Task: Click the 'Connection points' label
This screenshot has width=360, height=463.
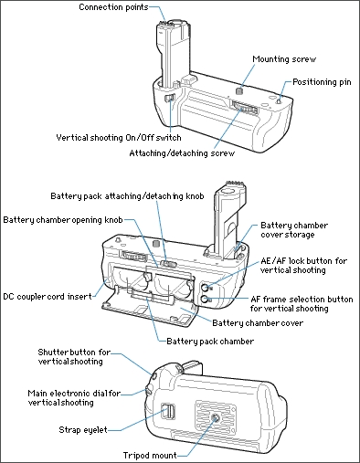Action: [x=113, y=7]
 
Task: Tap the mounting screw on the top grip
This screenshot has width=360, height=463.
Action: [x=240, y=90]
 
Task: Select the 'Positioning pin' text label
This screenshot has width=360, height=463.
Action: [x=322, y=82]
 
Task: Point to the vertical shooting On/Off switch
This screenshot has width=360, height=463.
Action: [x=169, y=99]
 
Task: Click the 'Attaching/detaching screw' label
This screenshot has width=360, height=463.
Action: [x=182, y=153]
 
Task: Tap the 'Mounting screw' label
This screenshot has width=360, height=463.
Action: [x=284, y=59]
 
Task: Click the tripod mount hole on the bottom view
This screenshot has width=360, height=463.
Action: [x=216, y=419]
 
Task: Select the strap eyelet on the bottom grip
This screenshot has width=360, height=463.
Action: [x=167, y=411]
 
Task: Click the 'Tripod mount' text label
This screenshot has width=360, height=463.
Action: [x=150, y=456]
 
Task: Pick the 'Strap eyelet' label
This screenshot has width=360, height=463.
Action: [x=83, y=430]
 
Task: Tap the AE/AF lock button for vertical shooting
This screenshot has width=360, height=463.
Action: [x=205, y=287]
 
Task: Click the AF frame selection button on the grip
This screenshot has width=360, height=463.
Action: [x=205, y=300]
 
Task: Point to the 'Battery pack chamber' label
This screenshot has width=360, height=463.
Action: [x=210, y=342]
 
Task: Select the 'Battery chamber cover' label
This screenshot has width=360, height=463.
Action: [x=258, y=323]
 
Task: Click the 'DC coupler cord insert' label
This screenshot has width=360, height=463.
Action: [x=48, y=297]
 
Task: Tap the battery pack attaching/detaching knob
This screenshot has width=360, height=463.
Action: [x=168, y=264]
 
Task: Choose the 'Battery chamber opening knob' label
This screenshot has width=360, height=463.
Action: [x=63, y=220]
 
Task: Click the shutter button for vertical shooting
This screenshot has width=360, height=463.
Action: [x=154, y=375]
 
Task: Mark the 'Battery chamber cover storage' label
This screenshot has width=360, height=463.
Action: [x=294, y=230]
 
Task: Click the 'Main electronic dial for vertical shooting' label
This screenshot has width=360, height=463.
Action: [x=74, y=398]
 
